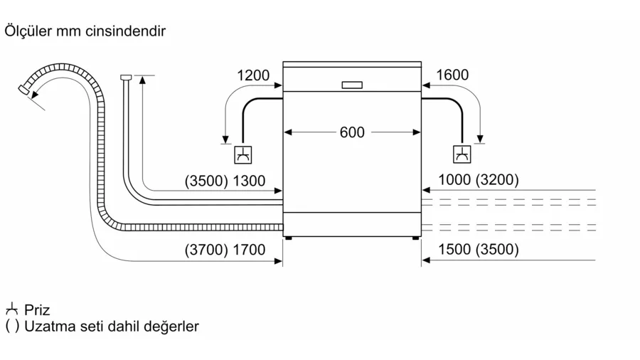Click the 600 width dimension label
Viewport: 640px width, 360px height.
352,132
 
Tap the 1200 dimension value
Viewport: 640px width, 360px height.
253,75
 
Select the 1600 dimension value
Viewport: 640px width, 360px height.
452,75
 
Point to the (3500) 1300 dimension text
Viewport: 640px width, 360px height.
225,181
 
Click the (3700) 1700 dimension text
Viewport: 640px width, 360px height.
225,250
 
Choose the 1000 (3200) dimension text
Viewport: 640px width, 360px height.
479,180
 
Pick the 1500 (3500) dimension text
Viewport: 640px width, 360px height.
479,250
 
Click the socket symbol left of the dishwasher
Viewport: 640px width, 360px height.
243,154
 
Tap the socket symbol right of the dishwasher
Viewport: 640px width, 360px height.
462,154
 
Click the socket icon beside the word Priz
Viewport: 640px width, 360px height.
11,309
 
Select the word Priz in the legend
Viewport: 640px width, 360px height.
37,310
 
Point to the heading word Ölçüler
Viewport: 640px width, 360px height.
27,32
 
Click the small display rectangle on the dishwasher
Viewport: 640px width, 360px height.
352,85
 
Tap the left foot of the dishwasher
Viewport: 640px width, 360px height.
288,239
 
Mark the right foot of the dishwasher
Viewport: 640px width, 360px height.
415,239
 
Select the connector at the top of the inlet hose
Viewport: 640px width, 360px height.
127,77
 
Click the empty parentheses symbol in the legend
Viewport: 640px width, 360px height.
12,327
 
